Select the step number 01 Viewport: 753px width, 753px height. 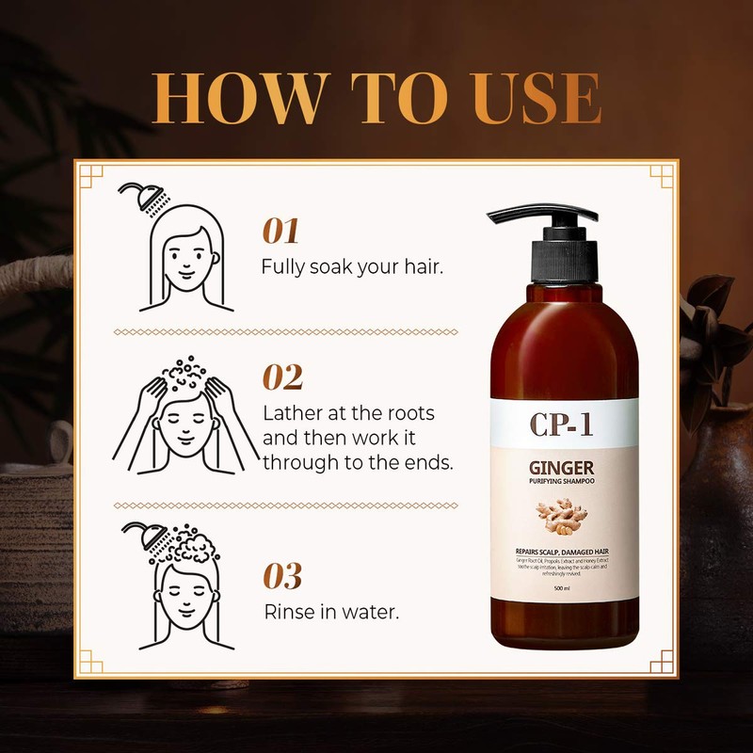280,231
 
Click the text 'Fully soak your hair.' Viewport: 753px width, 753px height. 352,266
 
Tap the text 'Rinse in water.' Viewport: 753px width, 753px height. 330,612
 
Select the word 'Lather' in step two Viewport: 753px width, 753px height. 291,414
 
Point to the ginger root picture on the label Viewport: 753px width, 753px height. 563,518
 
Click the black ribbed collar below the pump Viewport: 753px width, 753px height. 564,259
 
